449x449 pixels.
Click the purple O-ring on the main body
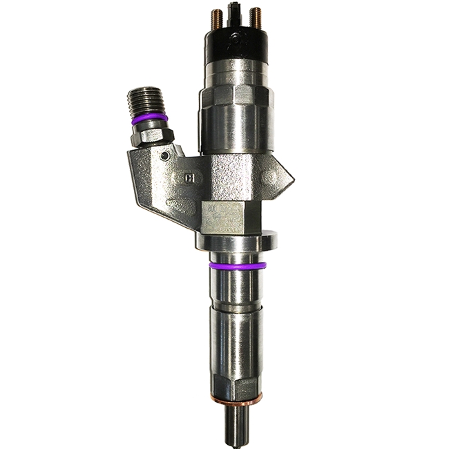pyautogui.click(x=236, y=265)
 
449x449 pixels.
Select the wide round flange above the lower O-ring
pyautogui.click(x=236, y=241)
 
